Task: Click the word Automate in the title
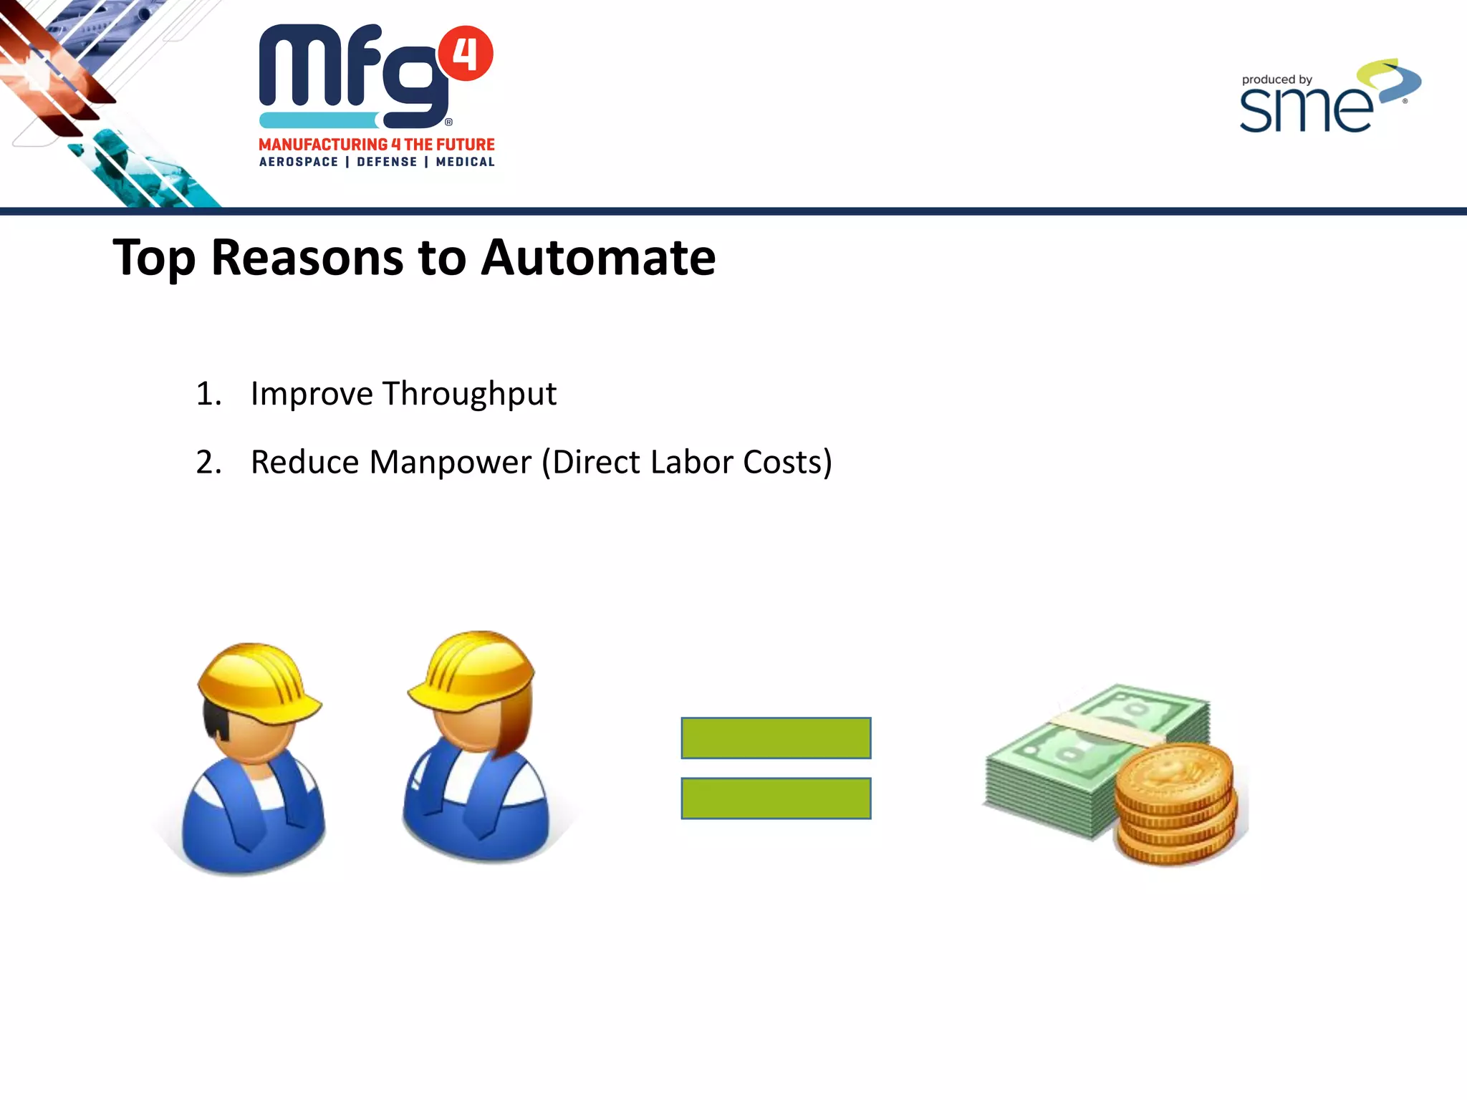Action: click(x=598, y=257)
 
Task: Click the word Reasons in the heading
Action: click(x=307, y=257)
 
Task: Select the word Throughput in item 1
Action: click(x=469, y=394)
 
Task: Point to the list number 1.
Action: click(x=208, y=394)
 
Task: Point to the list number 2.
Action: click(x=208, y=463)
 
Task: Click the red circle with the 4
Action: click(x=466, y=54)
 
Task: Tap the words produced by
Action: click(x=1276, y=79)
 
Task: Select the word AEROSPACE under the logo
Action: click(x=299, y=162)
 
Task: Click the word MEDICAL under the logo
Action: click(x=465, y=162)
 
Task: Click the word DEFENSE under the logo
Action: click(x=387, y=162)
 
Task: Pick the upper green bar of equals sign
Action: click(x=776, y=738)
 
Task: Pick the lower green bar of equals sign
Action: click(x=776, y=798)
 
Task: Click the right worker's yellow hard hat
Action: click(x=476, y=670)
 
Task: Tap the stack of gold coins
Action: click(x=1175, y=806)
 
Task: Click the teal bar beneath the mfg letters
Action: click(x=319, y=120)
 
